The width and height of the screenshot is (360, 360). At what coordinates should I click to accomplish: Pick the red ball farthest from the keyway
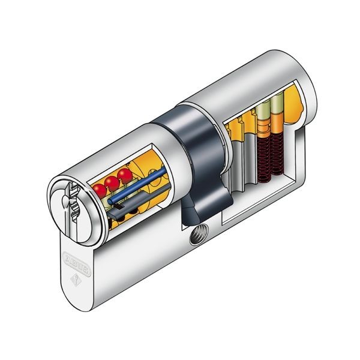point(125,175)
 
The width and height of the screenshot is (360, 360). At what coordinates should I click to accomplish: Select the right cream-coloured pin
point(275,108)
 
